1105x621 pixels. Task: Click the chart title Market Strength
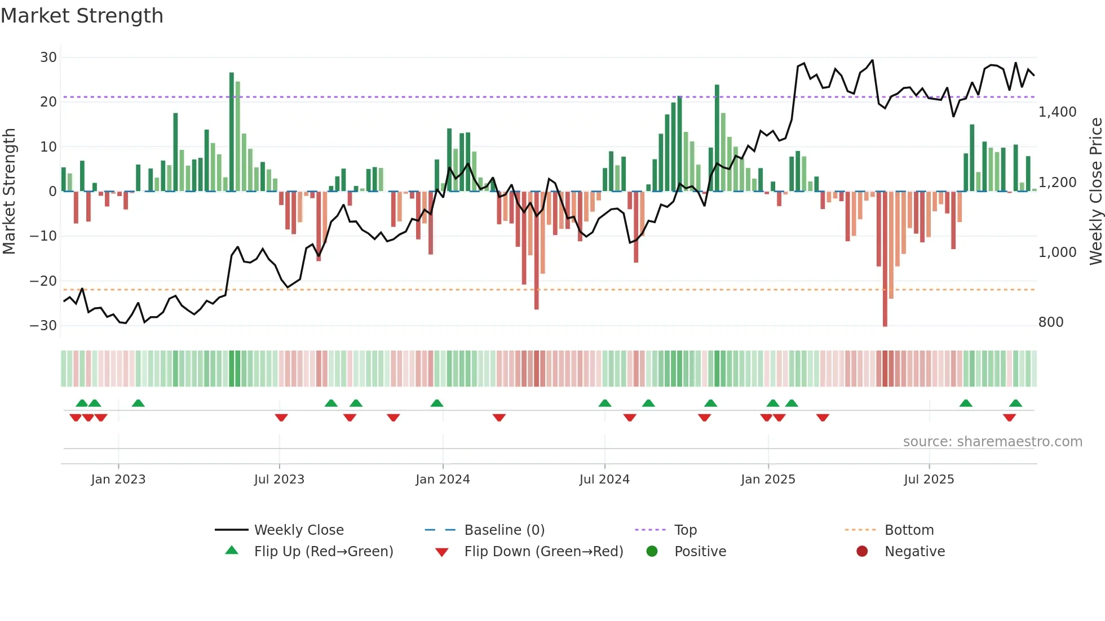pos(82,16)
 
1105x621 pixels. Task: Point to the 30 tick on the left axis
pos(48,57)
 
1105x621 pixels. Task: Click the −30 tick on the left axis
pos(44,326)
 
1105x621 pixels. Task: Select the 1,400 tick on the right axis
pos(1057,112)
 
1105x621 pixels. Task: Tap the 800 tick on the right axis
pos(1050,322)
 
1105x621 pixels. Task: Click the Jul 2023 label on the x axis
pos(279,480)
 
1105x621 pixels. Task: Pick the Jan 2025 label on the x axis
pos(768,480)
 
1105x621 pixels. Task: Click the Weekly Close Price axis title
pos(1095,191)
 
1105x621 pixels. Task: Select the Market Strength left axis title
pos(10,191)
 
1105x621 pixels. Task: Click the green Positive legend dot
pos(652,552)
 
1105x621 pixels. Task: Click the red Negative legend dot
pos(862,552)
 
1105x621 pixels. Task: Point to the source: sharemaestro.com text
pos(992,442)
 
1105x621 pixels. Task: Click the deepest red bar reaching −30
pos(885,259)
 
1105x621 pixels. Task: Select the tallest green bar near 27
pos(232,132)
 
